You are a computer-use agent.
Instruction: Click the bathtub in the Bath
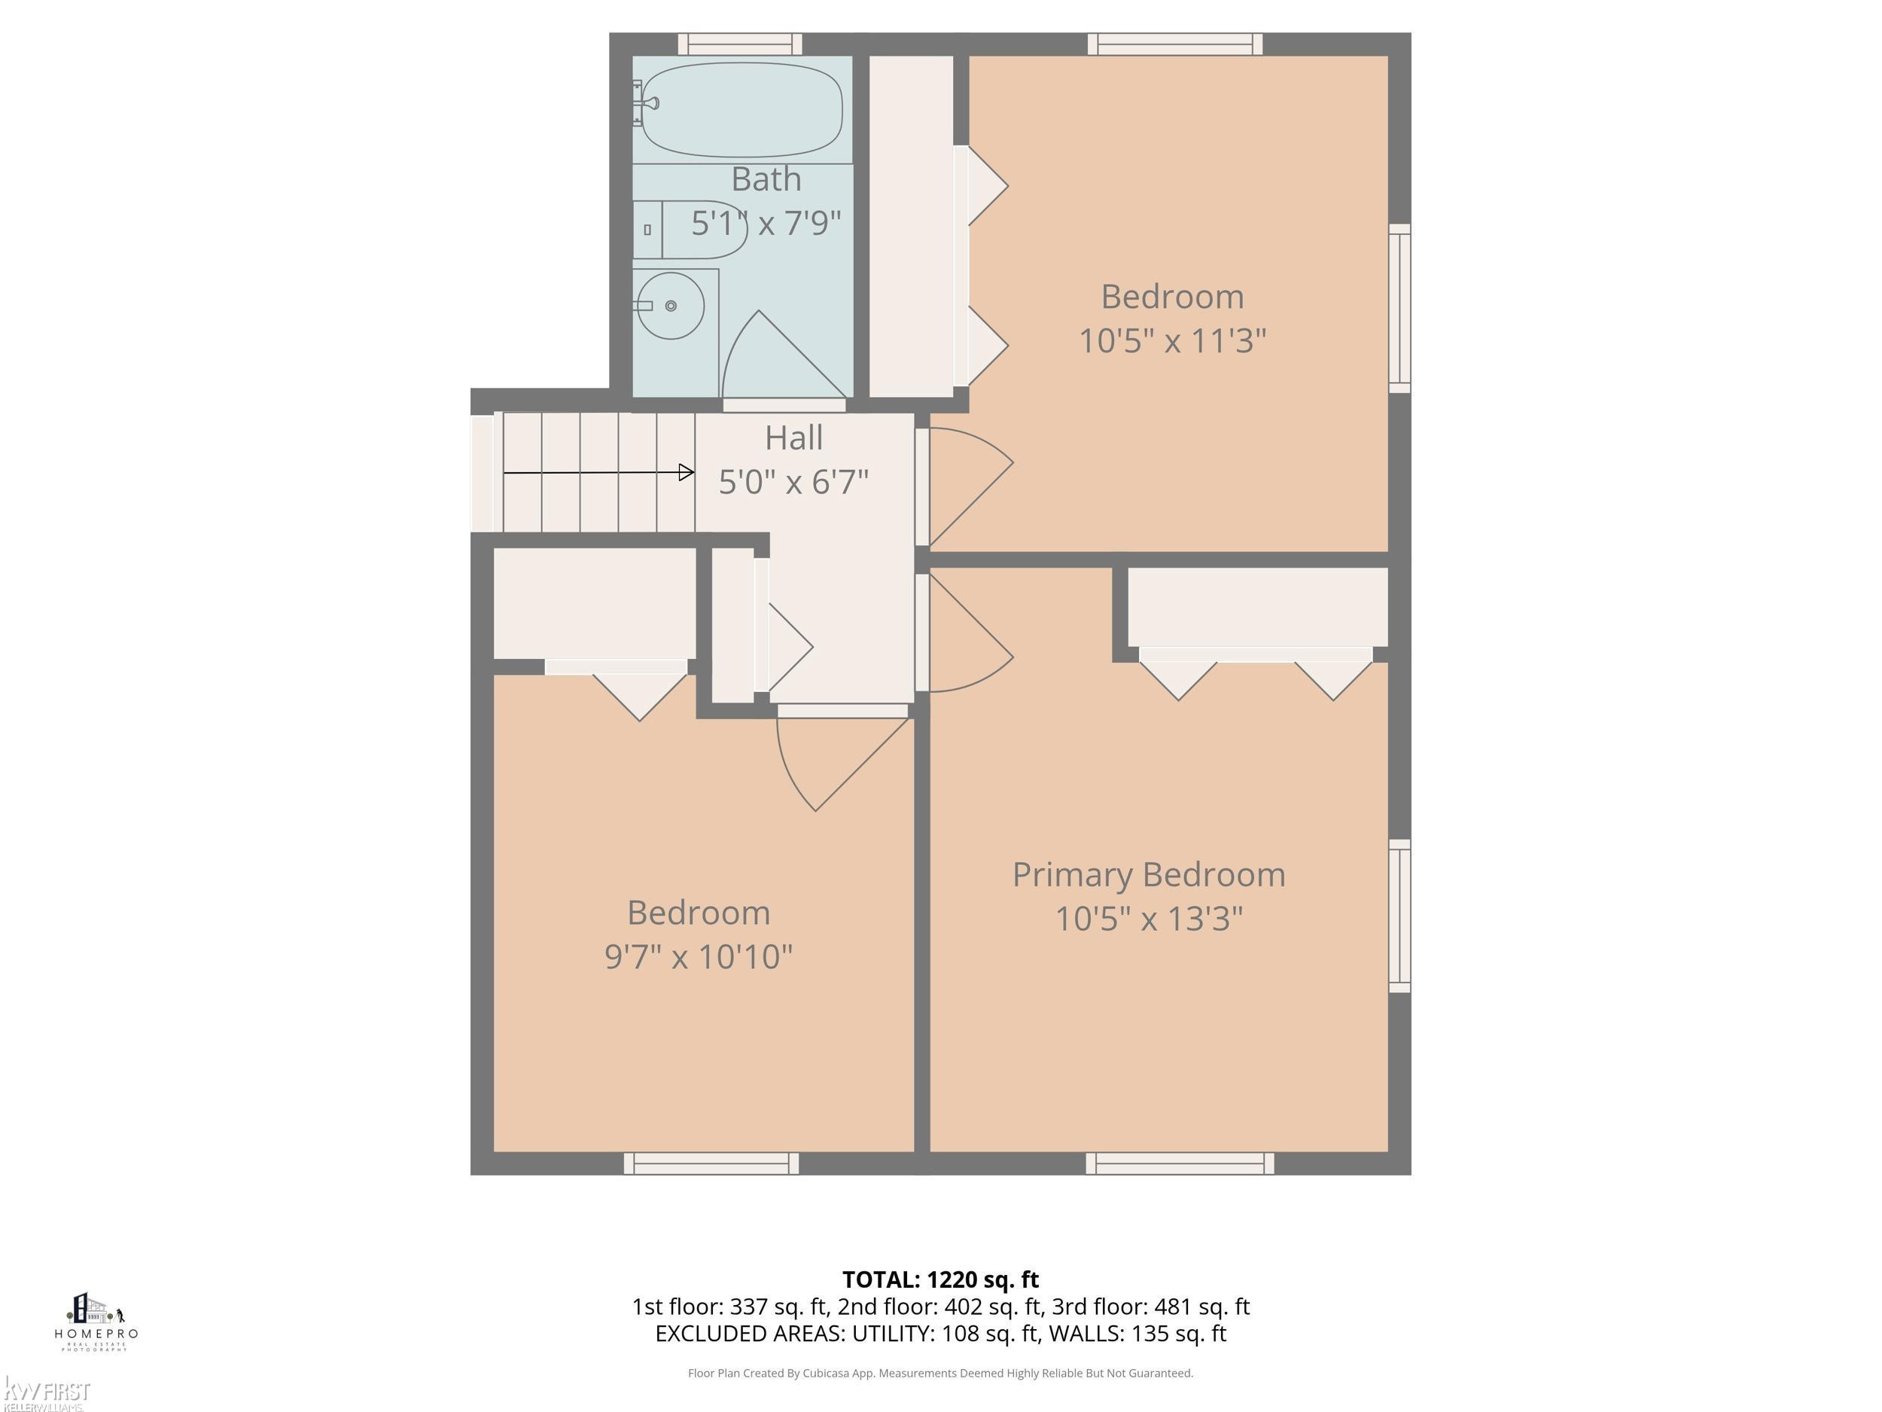pos(742,110)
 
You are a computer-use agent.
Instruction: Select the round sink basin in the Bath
pos(671,306)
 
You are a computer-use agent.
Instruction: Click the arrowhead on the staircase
pos(686,471)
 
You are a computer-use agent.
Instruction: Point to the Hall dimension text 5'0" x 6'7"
pos(793,483)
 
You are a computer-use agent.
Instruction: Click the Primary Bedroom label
pos(1149,875)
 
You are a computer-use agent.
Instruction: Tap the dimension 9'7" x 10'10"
pos(699,956)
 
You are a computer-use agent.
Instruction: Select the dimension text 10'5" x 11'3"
pos(1172,341)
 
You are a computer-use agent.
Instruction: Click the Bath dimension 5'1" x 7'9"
pos(766,223)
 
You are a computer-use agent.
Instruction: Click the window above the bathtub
pos(739,44)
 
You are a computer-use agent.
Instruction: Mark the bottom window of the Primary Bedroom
pos(1179,1163)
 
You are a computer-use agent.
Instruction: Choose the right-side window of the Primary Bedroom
pos(1399,916)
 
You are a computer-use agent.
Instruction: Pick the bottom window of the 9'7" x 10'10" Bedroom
pos(711,1163)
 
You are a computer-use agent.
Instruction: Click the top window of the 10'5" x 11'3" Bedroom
pos(1175,44)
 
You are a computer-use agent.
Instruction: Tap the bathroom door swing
pos(783,355)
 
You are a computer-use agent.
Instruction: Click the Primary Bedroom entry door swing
pos(970,633)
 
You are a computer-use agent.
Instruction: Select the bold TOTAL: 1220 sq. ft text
pos(940,1280)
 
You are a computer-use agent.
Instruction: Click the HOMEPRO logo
pos(96,1321)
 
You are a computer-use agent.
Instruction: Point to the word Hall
pos(793,438)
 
